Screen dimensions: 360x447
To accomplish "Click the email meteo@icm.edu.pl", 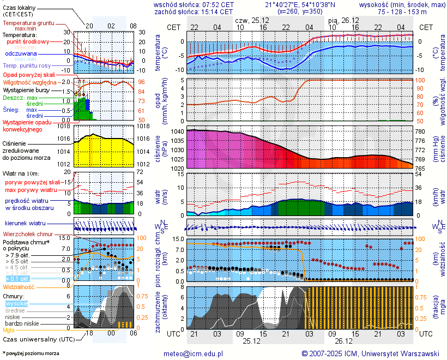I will (x=194, y=353).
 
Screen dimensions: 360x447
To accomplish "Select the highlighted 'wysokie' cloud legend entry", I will (x=16, y=303).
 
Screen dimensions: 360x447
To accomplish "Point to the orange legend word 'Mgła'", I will (x=9, y=330).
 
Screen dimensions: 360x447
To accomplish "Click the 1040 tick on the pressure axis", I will (x=178, y=132).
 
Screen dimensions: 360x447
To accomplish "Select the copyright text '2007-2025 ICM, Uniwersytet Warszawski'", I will (x=370, y=353).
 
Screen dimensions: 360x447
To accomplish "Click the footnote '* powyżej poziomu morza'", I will (x=31, y=353).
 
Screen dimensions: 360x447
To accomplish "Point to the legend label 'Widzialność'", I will (x=19, y=286).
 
